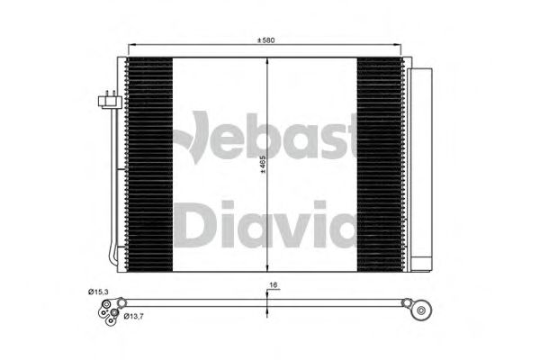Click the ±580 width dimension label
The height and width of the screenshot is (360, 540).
[265, 40]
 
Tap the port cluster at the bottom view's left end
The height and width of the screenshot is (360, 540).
[107, 309]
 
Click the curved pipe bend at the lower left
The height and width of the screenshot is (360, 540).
[112, 256]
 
